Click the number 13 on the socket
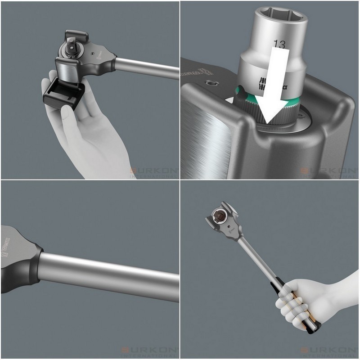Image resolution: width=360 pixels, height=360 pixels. (x=279, y=44)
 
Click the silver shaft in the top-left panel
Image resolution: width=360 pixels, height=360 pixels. (x=148, y=67)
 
